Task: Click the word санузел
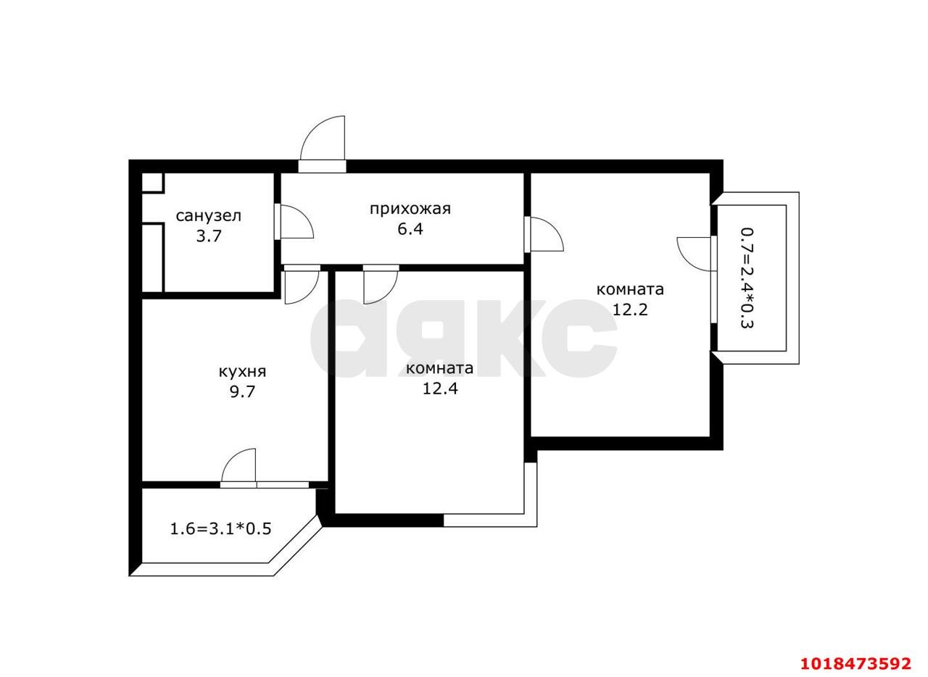[x=208, y=216]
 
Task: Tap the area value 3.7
[x=209, y=236]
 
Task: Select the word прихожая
[x=410, y=209]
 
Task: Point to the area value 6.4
[x=410, y=229]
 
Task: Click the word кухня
[x=242, y=372]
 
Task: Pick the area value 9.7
[x=242, y=391]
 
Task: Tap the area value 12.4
[x=440, y=389]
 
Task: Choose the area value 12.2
[x=630, y=310]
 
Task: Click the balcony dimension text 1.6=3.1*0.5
[x=221, y=528]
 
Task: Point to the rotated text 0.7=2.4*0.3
[x=747, y=278]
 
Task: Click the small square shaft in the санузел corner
[x=153, y=183]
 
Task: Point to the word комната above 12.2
[x=630, y=290]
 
